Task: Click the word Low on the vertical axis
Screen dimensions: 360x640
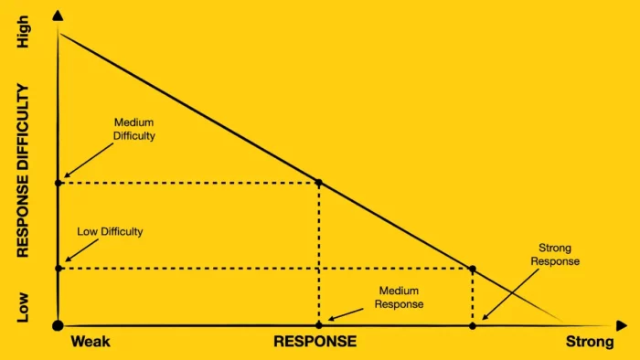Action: [24, 306]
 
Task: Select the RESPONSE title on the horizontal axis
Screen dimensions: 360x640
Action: [315, 343]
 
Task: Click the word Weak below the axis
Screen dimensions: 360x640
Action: [91, 343]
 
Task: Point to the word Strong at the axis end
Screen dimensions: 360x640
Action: [590, 343]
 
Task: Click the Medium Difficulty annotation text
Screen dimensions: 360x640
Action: [134, 129]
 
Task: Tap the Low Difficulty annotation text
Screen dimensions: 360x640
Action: [110, 232]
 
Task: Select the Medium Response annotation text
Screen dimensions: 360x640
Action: [400, 298]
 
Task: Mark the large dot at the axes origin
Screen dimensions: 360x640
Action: [59, 325]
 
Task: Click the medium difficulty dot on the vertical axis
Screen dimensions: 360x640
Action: [59, 183]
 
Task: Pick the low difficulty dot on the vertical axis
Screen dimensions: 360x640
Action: [59, 268]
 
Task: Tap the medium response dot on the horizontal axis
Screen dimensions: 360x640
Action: [319, 325]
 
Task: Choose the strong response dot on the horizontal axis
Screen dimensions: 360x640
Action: [473, 325]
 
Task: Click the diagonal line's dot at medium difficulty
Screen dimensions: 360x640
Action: [319, 183]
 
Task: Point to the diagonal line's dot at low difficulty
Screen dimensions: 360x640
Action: [473, 269]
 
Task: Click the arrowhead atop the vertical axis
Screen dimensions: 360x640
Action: [59, 16]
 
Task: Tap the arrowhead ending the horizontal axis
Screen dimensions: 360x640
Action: [623, 325]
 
